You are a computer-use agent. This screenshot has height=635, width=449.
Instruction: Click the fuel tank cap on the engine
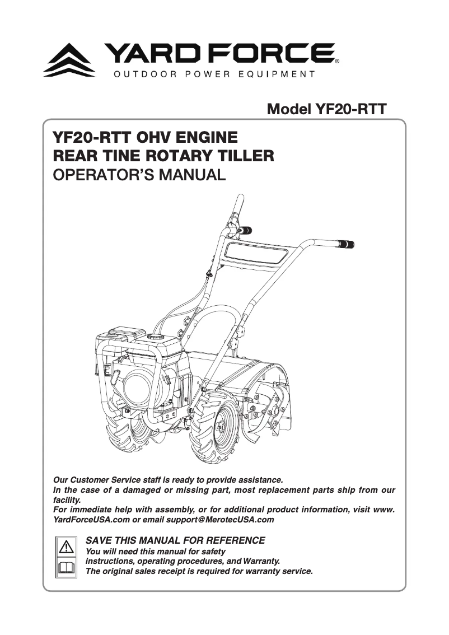tap(155, 338)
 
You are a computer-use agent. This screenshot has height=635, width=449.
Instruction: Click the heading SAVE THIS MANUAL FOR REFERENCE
tap(175, 540)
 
